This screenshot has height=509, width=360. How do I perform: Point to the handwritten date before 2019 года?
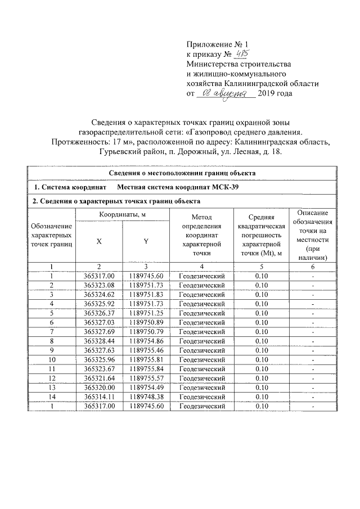(x=224, y=93)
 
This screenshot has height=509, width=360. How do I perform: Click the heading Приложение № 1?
(x=217, y=44)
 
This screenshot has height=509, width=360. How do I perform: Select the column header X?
(x=99, y=241)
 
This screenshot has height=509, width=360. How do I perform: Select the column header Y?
(x=146, y=241)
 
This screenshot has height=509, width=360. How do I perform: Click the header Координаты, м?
(x=122, y=215)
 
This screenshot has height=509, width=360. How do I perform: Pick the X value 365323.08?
(x=99, y=285)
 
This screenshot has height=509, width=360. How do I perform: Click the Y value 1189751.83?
(x=146, y=294)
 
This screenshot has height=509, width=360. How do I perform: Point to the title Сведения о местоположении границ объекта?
(x=182, y=173)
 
